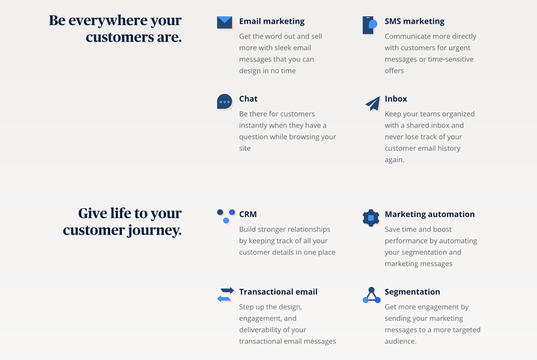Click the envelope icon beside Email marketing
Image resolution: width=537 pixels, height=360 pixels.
click(x=224, y=23)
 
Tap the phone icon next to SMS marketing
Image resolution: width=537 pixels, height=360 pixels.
click(x=370, y=25)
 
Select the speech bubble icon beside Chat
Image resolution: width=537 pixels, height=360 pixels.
click(x=224, y=102)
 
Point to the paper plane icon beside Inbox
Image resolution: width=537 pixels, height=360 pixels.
click(x=373, y=103)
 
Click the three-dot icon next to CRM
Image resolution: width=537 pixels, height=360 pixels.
click(x=226, y=216)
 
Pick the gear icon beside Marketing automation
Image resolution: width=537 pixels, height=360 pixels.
click(x=371, y=218)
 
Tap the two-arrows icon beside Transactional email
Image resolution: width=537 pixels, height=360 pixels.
click(x=225, y=294)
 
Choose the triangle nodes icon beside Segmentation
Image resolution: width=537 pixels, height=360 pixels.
click(x=372, y=296)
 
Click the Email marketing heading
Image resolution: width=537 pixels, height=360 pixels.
click(x=272, y=21)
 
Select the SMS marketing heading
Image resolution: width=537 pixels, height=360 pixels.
click(x=414, y=21)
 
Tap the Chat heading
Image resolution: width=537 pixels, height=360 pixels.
click(x=248, y=99)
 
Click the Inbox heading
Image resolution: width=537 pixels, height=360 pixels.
click(x=396, y=99)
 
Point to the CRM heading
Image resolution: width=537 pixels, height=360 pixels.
click(x=248, y=214)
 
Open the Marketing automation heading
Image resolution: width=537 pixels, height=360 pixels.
click(x=429, y=214)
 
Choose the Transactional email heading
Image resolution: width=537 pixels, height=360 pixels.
click(x=278, y=292)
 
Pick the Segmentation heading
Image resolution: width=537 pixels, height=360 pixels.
click(x=412, y=292)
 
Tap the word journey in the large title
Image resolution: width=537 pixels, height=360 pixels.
click(x=155, y=230)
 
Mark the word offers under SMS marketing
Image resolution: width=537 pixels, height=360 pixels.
click(x=394, y=71)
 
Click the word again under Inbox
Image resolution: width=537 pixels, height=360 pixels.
click(x=394, y=160)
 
